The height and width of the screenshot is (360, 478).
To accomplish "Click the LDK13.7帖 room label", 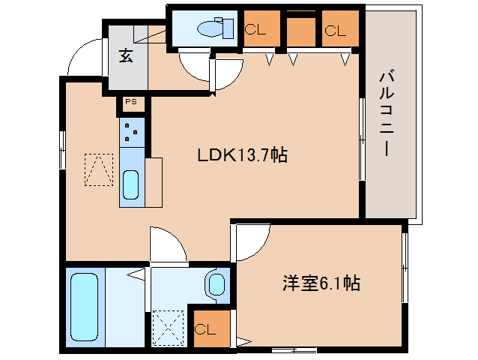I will pos(242,155).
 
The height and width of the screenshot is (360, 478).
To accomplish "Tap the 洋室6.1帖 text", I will pos(321,283).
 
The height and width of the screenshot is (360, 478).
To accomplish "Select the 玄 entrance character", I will pos(126,56).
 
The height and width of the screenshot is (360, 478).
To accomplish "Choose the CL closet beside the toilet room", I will pos(261,31).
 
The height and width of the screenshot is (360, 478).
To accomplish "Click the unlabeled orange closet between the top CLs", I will pos(300,31).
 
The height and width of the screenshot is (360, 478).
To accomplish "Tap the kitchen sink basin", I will pos(130,184).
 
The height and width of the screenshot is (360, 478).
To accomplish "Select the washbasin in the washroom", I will pos(216,284).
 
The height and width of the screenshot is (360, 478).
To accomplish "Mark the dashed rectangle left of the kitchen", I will pos(97,169).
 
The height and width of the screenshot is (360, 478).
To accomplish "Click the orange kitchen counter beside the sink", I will pos(154,181).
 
